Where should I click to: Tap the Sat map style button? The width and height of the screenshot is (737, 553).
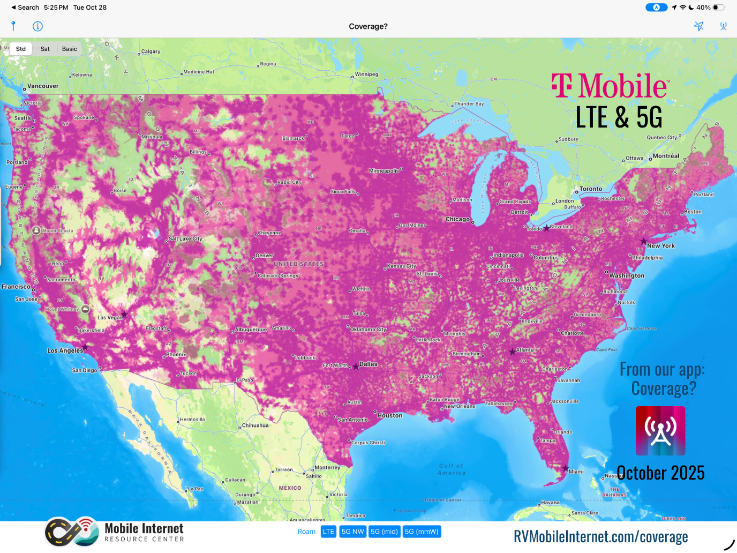45,49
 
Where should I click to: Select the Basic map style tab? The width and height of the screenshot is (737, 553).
70,49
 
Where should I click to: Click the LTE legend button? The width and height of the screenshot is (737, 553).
328,532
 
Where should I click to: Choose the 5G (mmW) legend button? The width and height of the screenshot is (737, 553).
422,532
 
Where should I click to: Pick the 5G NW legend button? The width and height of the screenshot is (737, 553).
352,532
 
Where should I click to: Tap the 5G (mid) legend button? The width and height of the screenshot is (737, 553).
384,532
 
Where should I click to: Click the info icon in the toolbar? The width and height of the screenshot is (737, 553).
37,26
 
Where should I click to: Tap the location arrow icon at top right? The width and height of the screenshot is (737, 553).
698,26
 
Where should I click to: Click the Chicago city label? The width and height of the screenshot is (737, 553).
457,219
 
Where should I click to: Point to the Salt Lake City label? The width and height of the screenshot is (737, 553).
185,239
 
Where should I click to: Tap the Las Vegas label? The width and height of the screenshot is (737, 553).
110,317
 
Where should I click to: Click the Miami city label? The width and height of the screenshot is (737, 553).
576,472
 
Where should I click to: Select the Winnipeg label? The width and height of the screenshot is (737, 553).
367,74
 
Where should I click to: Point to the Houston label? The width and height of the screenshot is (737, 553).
389,415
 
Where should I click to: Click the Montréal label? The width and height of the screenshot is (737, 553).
666,156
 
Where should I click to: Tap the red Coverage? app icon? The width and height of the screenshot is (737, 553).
660,431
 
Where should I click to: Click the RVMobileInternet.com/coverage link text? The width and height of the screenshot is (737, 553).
600,536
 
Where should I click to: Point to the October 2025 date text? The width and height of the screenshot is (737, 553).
660,473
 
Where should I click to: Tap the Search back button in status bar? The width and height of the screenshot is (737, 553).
25,8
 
